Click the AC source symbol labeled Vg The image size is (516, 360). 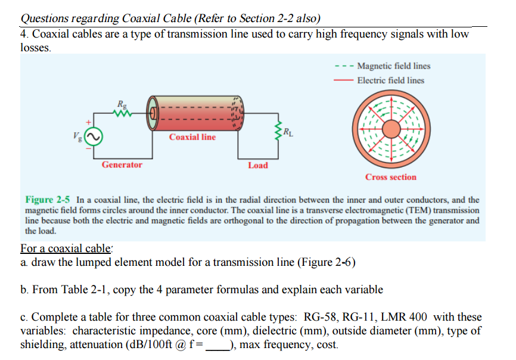[x=94, y=138]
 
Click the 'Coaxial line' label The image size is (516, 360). [x=192, y=137]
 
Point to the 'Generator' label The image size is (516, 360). [x=122, y=165]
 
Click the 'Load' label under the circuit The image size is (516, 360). [x=258, y=165]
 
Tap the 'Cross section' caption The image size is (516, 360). [x=391, y=177]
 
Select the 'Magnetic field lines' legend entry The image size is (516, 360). [x=393, y=66]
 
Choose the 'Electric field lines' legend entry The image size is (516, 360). [x=391, y=80]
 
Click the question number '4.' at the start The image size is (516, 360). [x=25, y=35]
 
